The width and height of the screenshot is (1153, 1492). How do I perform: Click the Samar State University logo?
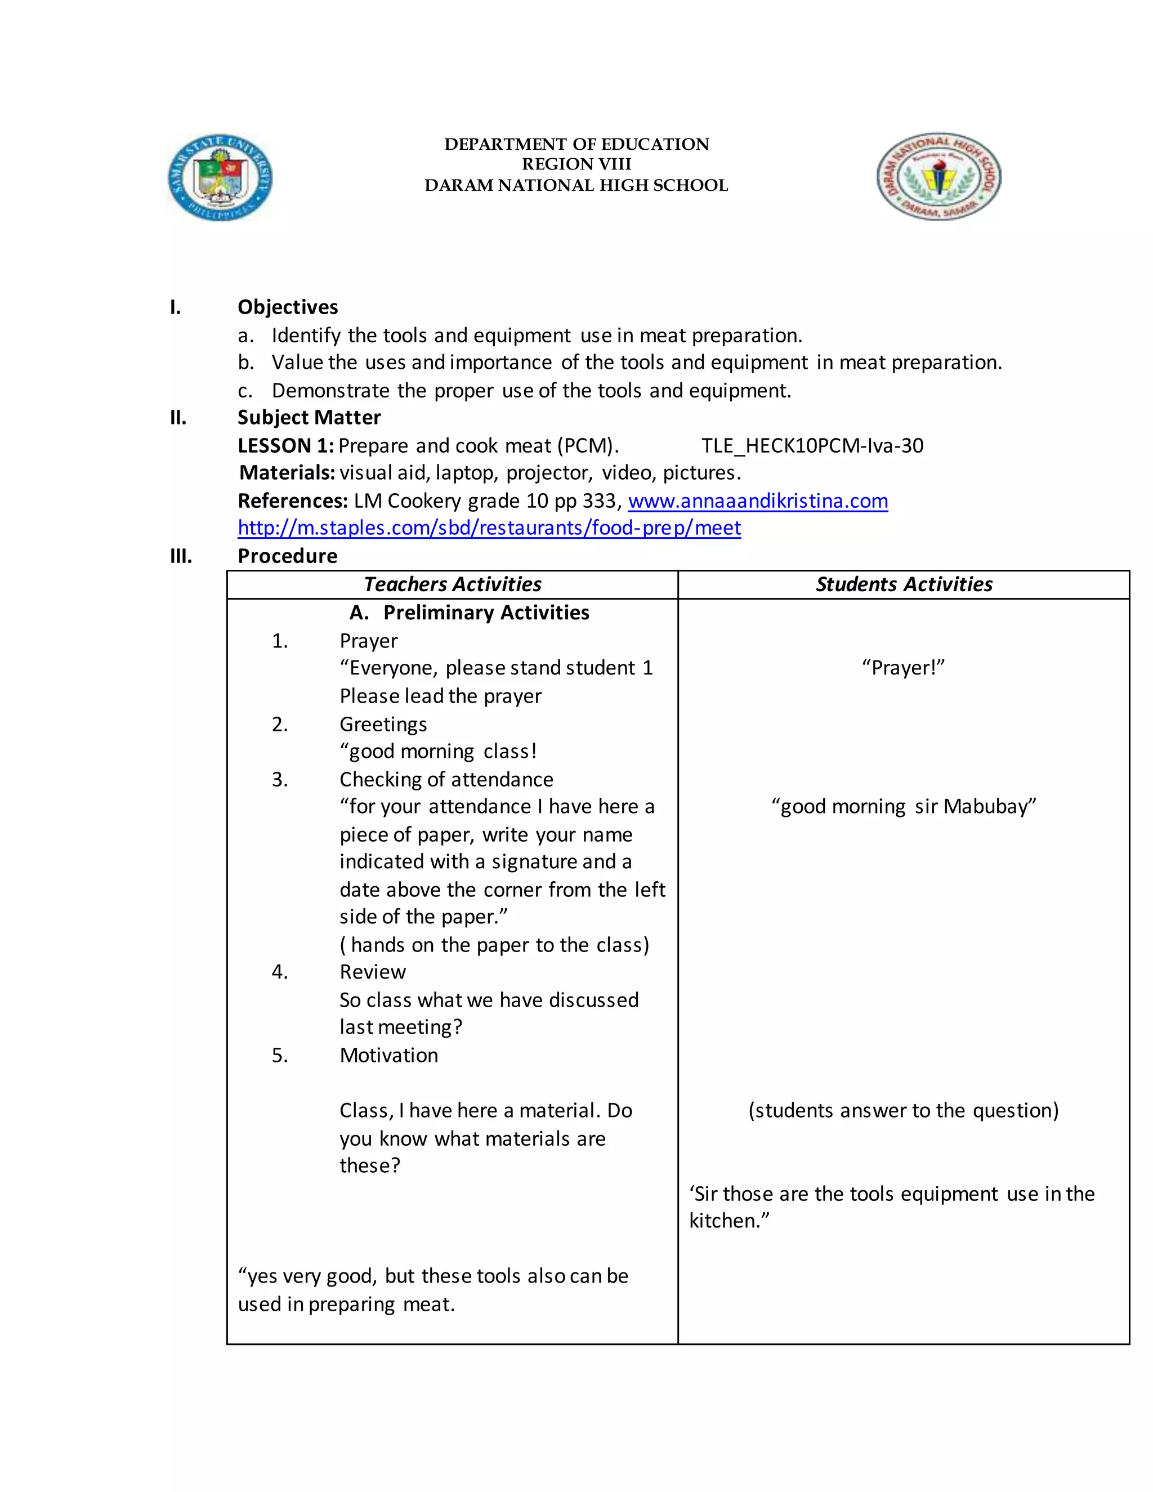(220, 177)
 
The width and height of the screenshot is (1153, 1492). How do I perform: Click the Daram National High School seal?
(939, 176)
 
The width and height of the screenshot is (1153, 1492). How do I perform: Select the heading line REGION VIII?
(576, 164)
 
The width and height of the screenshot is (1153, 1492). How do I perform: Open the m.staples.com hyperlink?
(489, 528)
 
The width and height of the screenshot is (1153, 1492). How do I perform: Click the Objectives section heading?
(288, 307)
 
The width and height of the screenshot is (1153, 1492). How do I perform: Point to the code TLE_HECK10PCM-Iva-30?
(812, 445)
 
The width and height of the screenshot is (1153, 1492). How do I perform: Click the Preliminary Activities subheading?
(486, 612)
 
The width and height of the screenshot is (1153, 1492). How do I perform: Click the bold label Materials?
(287, 473)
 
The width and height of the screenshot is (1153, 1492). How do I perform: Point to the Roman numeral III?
(181, 556)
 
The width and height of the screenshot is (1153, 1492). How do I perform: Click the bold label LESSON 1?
(285, 445)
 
